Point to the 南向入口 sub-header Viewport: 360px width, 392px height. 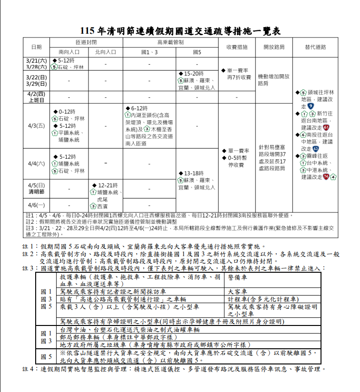coord(69,52)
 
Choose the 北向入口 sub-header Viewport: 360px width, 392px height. coord(105,52)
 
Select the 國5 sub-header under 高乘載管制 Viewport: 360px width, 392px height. coord(197,52)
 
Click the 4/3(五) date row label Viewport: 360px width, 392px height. coord(36,126)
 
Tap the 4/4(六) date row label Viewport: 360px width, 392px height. coord(36,163)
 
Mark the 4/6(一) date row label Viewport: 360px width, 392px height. coord(36,205)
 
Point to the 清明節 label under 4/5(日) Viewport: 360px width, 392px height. coord(36,192)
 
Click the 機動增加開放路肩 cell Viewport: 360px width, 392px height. coord(273,80)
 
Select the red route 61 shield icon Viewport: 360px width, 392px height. coord(326,128)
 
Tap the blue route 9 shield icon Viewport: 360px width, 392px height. coord(311,106)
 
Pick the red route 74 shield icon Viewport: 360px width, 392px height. coord(326,177)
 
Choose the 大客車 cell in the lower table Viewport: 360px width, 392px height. coord(237,291)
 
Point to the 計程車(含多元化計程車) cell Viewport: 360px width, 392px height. coord(263,299)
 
